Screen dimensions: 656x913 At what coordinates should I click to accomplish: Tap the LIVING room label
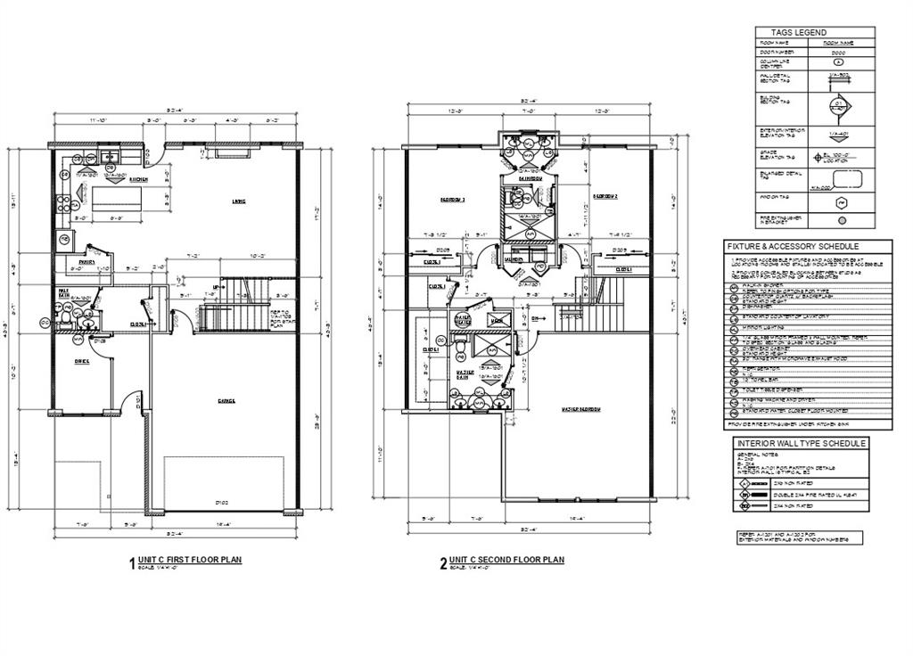238,201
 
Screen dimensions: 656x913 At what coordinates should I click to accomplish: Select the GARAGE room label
226,401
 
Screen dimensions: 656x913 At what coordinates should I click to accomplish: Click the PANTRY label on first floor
87,263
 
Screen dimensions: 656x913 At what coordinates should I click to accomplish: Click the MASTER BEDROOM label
579,409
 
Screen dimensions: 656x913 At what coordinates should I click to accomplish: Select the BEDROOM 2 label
605,196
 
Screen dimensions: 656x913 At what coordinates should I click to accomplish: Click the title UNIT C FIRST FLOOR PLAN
190,560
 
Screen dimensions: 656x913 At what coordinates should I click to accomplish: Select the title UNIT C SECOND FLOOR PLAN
506,560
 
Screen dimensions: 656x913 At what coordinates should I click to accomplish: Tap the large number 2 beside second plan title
442,563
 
